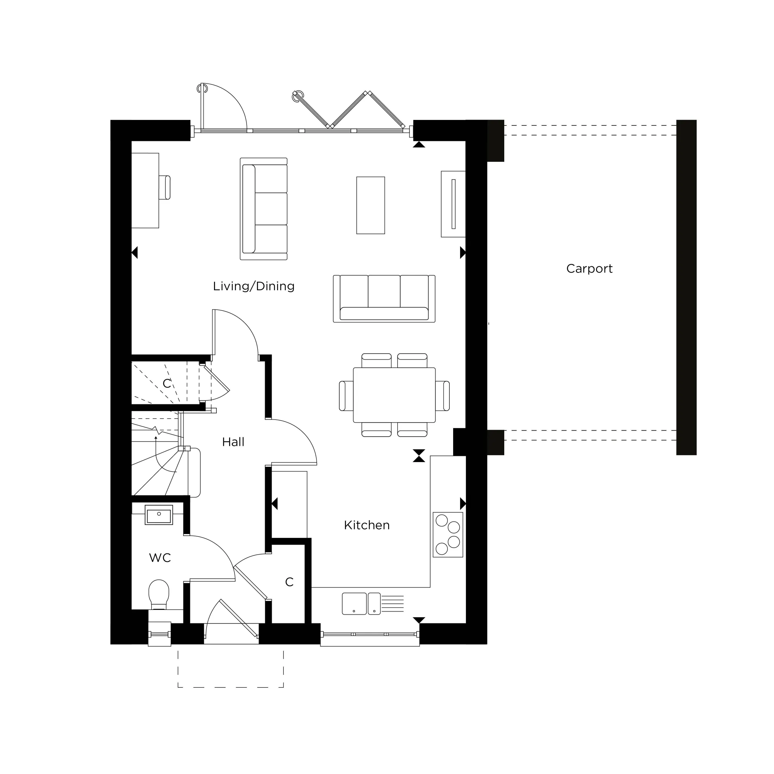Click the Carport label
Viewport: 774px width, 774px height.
(589, 269)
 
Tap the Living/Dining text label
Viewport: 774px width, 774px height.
(253, 286)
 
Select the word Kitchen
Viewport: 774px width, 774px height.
(366, 525)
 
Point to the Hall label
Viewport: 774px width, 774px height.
(233, 442)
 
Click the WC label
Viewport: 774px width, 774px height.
(160, 558)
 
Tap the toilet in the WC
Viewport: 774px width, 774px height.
(159, 594)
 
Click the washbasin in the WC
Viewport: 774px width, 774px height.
(159, 515)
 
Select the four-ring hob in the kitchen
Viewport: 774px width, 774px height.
(447, 534)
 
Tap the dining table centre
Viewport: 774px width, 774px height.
(394, 395)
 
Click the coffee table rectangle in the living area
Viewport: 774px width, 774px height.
(370, 205)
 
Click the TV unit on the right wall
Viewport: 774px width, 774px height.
(453, 204)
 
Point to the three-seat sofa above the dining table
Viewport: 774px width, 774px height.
(384, 299)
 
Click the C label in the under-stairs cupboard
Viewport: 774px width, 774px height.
(167, 384)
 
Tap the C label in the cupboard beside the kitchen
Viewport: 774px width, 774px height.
(289, 582)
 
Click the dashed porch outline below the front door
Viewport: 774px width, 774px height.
(231, 687)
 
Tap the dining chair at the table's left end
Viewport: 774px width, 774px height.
(345, 396)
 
